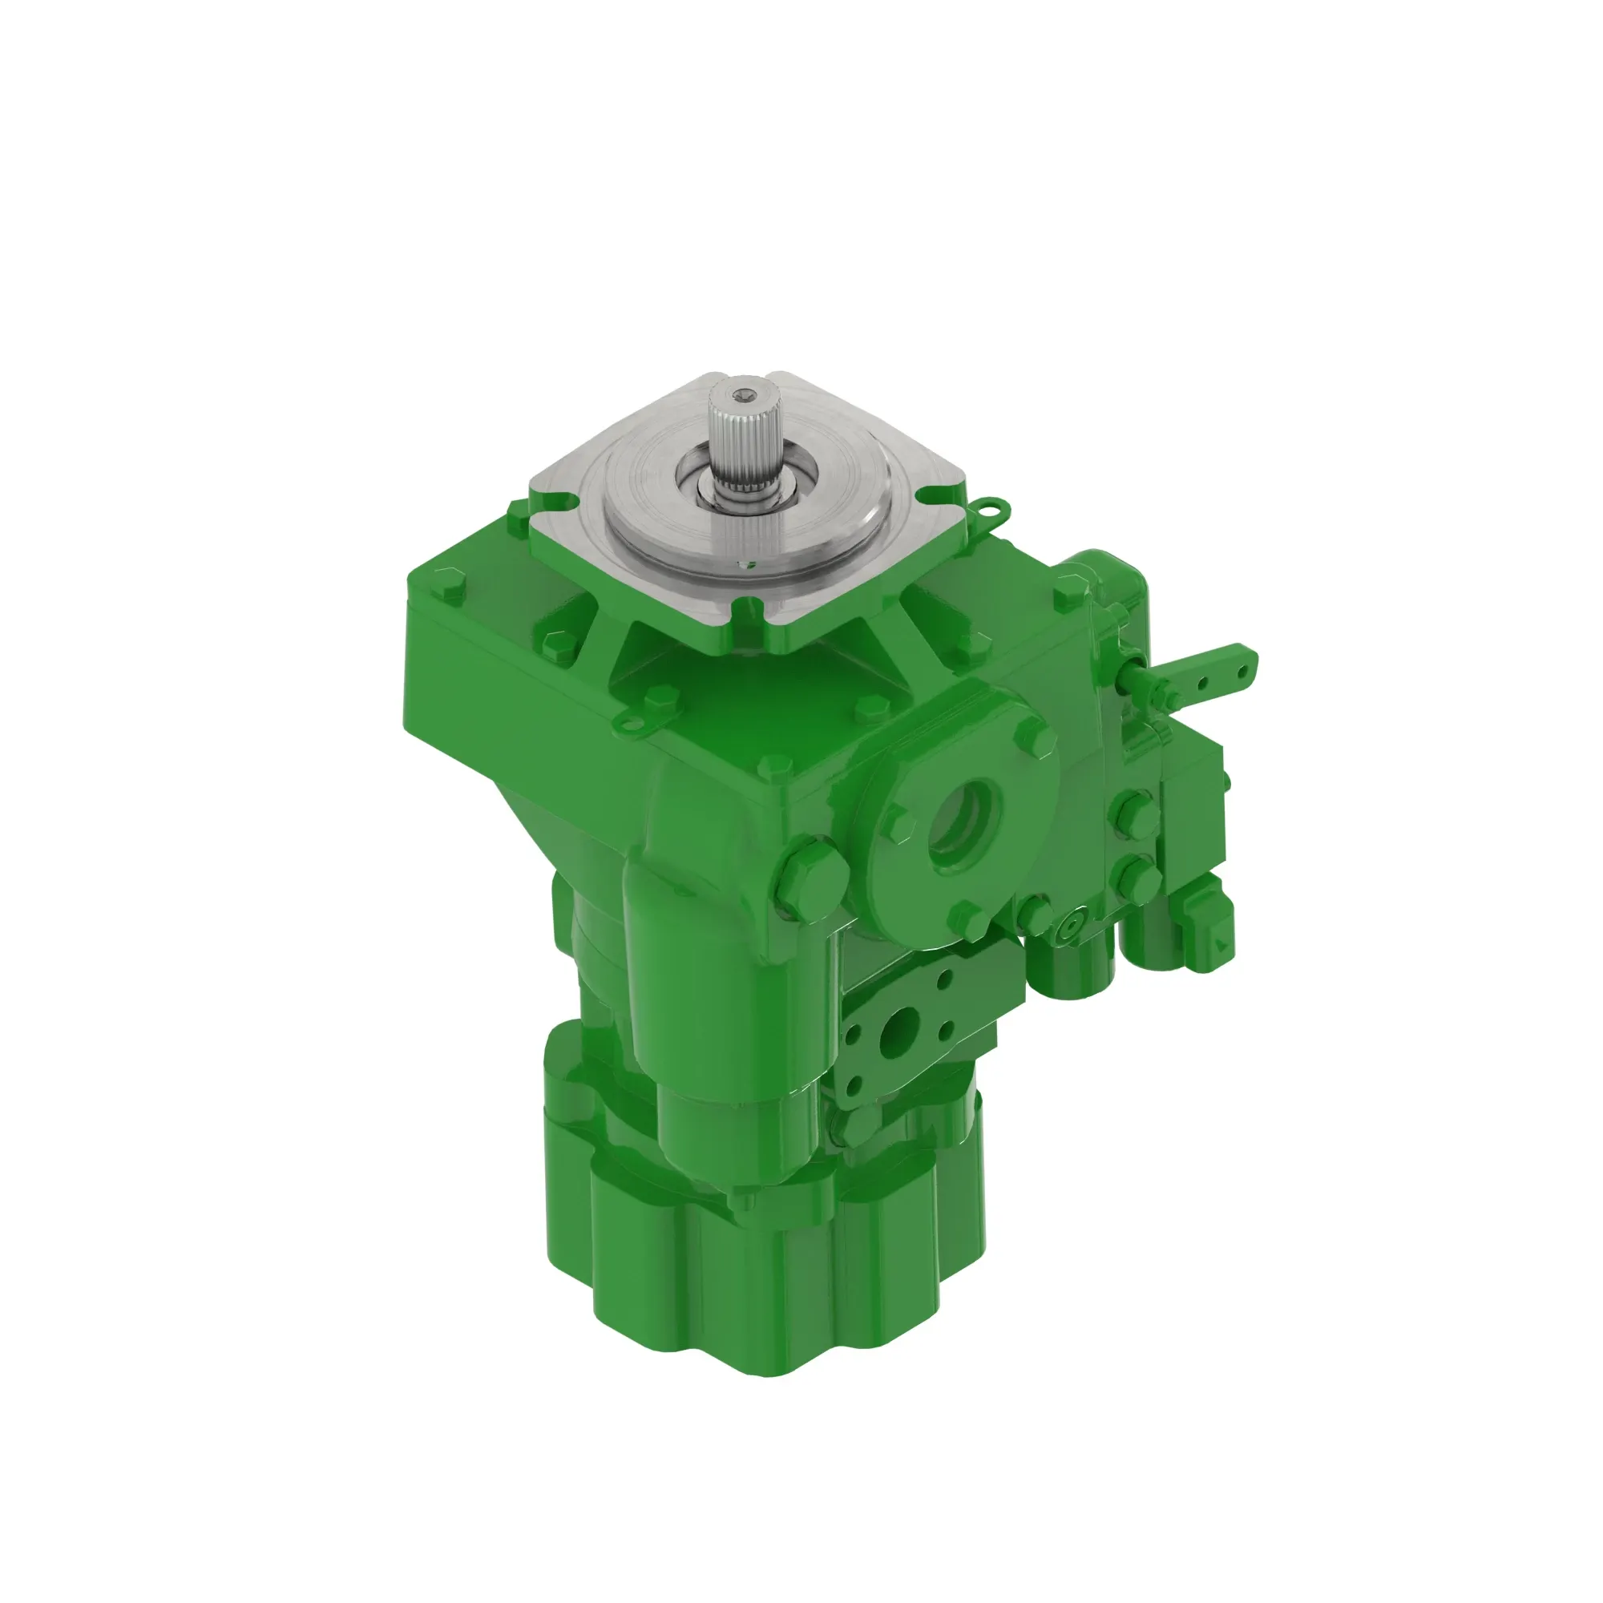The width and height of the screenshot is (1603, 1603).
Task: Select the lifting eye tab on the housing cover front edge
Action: coord(636,723)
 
